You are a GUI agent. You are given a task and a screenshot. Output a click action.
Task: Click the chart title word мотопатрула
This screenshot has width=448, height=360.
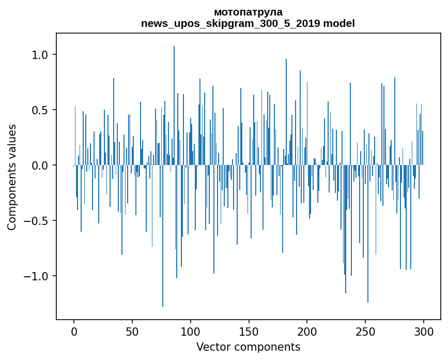pos(248,12)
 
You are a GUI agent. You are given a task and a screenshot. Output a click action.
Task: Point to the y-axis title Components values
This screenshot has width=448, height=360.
pos(12,177)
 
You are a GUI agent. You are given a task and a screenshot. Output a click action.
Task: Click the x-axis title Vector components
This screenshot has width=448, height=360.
pos(248,347)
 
